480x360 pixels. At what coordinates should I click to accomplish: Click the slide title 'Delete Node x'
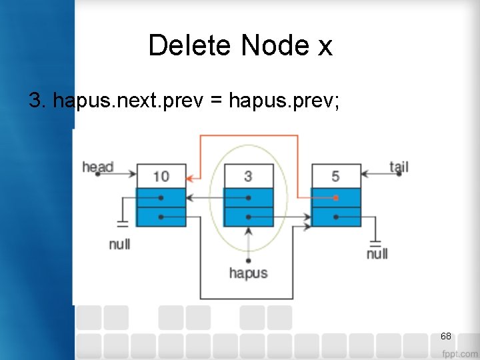(240, 46)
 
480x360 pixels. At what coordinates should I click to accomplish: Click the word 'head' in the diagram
(97, 167)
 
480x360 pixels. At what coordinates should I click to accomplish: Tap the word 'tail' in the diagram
(399, 167)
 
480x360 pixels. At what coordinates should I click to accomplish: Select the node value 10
(161, 176)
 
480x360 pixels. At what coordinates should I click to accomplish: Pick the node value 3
(248, 176)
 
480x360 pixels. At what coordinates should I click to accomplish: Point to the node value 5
(335, 176)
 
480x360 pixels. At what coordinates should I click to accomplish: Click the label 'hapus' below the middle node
(248, 273)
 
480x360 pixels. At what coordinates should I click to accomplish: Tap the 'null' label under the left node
(119, 244)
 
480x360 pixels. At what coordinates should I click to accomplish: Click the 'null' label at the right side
(377, 253)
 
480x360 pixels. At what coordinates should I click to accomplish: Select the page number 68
(446, 336)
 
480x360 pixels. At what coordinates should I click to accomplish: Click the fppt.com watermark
(459, 353)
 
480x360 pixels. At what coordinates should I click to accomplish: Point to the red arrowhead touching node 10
(191, 179)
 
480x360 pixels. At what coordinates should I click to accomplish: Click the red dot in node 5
(335, 198)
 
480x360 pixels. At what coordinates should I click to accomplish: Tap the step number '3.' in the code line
(37, 101)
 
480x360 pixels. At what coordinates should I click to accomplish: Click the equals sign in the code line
(217, 101)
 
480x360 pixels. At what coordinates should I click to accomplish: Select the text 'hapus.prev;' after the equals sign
(284, 101)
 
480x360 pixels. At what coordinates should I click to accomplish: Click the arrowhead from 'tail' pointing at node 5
(365, 175)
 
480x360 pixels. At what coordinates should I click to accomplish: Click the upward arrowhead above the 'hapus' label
(248, 231)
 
